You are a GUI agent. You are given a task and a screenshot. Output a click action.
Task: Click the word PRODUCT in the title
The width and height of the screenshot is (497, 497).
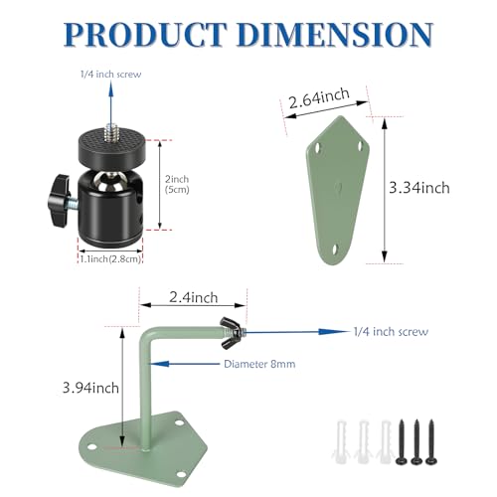point(146,34)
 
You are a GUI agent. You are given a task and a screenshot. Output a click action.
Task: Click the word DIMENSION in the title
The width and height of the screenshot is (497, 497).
point(335,34)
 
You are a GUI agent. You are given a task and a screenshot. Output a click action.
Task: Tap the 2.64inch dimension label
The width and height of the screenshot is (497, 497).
point(319,97)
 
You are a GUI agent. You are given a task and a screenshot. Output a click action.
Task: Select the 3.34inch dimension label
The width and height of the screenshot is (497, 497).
point(419,188)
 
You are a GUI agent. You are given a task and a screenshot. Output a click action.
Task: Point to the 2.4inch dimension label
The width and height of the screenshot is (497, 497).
point(194,297)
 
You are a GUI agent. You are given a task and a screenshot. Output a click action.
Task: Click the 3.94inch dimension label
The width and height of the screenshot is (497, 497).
point(90,388)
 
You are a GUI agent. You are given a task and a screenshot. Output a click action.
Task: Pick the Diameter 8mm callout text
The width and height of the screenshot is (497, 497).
point(259,364)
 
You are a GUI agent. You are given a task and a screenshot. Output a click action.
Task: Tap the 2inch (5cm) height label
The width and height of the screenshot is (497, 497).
point(177,184)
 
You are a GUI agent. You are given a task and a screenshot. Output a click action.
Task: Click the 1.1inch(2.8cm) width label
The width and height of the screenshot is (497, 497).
point(110,258)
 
